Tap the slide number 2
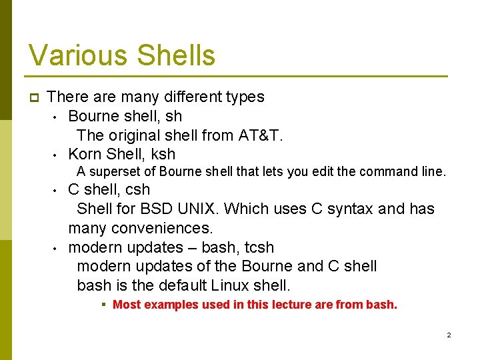[449, 335]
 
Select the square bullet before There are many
[34, 97]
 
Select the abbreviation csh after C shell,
[137, 189]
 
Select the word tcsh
[259, 247]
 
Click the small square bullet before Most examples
[105, 305]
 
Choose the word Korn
[85, 154]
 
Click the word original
[133, 135]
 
